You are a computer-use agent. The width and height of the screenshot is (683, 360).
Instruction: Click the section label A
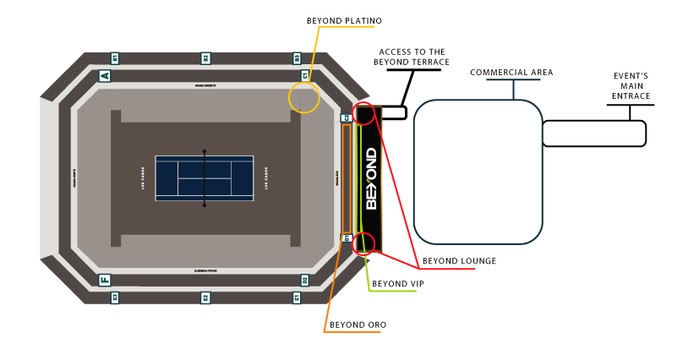105,76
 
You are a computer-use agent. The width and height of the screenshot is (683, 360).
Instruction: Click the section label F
105,280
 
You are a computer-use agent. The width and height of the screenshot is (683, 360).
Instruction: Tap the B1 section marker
115,58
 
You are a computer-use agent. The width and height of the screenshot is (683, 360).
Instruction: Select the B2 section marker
205,58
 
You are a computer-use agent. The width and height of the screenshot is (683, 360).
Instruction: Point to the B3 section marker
297,58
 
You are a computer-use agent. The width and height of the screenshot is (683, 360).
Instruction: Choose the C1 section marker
305,76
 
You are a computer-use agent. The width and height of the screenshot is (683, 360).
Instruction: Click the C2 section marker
346,117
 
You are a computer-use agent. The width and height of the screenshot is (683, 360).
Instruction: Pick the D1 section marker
346,238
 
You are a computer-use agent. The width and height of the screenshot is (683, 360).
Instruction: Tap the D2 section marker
304,280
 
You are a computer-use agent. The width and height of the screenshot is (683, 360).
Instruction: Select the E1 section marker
297,297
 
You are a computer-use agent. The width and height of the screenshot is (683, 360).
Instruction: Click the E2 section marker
205,297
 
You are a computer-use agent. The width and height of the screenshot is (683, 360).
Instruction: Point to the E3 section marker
115,297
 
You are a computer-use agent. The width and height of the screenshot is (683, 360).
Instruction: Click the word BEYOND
371,178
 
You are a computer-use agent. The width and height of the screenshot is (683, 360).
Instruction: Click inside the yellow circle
303,98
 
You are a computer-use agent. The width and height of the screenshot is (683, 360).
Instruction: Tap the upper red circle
363,113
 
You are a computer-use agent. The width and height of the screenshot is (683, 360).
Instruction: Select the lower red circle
363,243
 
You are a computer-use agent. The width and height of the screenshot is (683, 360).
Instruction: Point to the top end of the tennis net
204,151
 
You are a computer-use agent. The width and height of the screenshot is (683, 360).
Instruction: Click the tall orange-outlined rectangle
347,178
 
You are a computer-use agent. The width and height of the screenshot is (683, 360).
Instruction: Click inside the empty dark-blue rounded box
478,172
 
